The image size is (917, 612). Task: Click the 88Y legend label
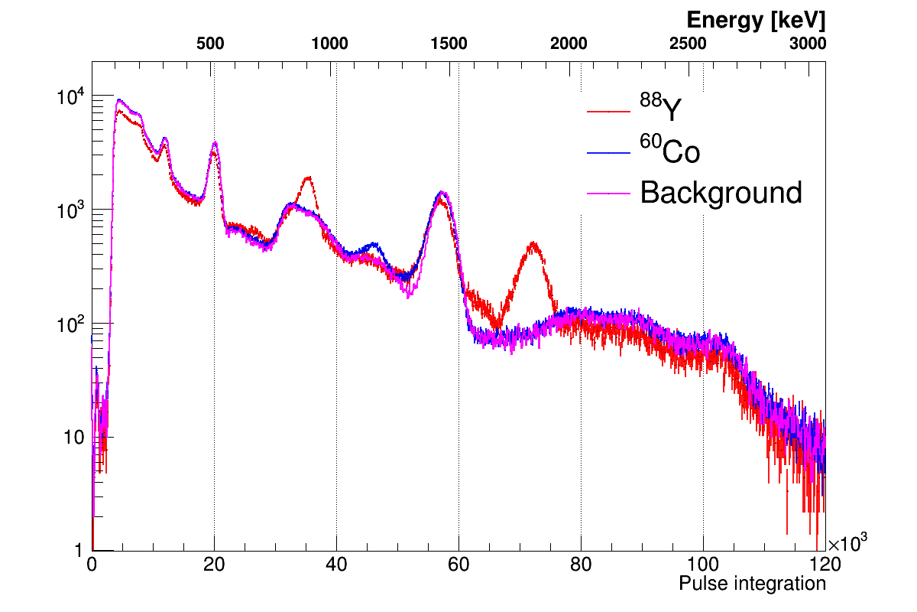(x=659, y=111)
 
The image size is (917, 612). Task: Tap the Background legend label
(x=721, y=193)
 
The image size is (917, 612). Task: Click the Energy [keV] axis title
(x=755, y=21)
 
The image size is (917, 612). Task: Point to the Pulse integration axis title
(x=752, y=584)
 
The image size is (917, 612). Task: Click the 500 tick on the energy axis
(x=210, y=44)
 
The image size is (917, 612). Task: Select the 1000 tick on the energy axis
(x=330, y=44)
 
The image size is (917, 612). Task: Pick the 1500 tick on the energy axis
(x=449, y=44)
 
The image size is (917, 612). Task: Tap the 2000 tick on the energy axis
(x=569, y=44)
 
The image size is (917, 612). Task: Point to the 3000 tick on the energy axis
(x=808, y=44)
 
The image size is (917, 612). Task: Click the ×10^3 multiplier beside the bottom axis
(x=847, y=542)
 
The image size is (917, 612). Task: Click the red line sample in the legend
(x=608, y=112)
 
